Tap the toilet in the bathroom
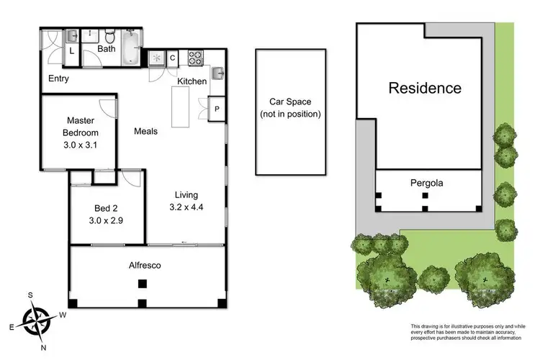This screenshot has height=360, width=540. tap(109, 37)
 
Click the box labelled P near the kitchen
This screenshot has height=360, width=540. tap(217, 109)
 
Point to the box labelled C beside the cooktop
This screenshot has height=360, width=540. tap(174, 58)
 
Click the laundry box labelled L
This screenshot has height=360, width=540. tap(73, 52)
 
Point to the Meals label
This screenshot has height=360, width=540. tap(145, 132)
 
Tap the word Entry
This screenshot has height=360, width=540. tap(58, 78)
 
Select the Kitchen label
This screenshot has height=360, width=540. tap(192, 81)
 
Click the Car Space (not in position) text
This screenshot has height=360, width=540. tap(290, 109)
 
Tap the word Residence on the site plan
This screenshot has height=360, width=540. tap(425, 89)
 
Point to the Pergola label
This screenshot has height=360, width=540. tap(428, 183)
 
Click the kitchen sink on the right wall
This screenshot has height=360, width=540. tap(218, 72)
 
